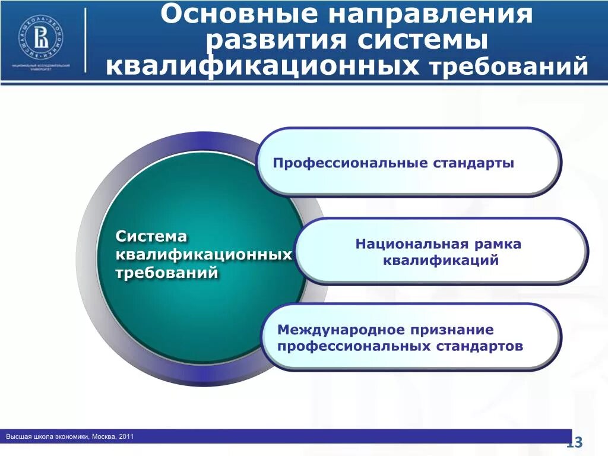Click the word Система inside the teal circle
click(x=151, y=236)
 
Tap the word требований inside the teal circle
click(x=167, y=273)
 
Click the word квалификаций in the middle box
click(x=440, y=260)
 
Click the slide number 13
click(x=575, y=442)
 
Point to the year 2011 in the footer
click(x=126, y=437)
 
